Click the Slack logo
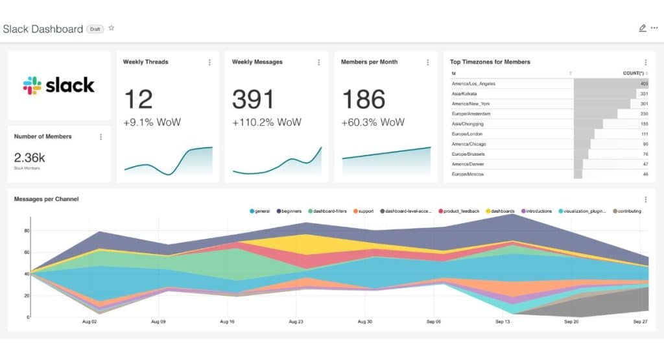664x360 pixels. tap(58, 85)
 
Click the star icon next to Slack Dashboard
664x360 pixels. tap(112, 28)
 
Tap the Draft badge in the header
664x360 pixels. tap(95, 29)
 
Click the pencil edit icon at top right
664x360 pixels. tap(642, 28)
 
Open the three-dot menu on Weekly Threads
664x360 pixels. tap(209, 62)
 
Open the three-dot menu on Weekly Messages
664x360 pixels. tap(318, 62)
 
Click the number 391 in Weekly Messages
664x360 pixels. tap(254, 99)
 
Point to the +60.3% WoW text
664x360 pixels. tap(373, 123)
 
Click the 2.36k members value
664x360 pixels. tap(30, 158)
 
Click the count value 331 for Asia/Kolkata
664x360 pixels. tap(644, 93)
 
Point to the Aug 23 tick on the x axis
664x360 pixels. tap(295, 322)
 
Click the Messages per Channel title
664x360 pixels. tap(46, 199)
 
